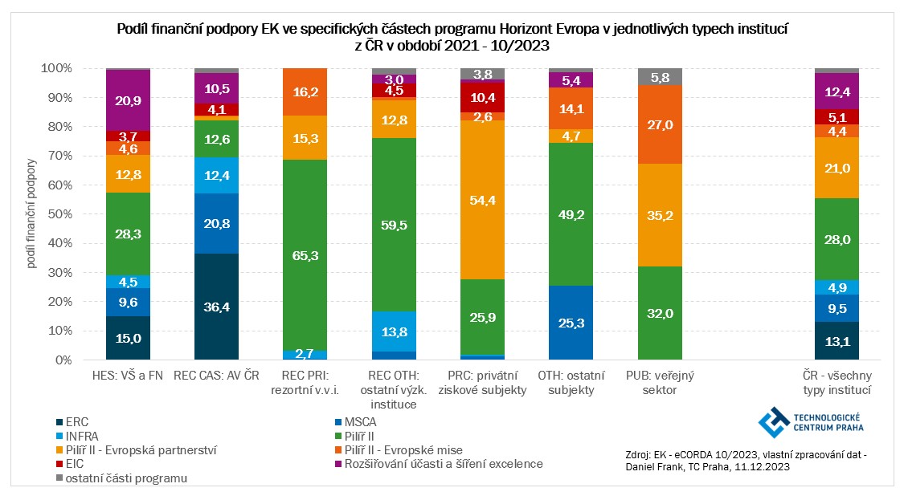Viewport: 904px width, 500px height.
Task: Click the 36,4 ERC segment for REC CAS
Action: click(x=217, y=307)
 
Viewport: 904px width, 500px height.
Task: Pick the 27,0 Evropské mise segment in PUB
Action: click(x=661, y=124)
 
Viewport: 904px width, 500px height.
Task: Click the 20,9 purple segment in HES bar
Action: click(x=129, y=100)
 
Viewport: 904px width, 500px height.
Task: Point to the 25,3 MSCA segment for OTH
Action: click(x=571, y=323)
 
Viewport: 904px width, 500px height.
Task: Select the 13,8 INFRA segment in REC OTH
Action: click(x=395, y=331)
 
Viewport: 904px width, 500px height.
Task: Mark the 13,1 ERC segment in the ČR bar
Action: click(x=837, y=340)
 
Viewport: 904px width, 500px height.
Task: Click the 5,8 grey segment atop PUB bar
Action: click(x=661, y=77)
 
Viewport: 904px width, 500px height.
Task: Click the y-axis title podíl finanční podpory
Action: click(x=33, y=213)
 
